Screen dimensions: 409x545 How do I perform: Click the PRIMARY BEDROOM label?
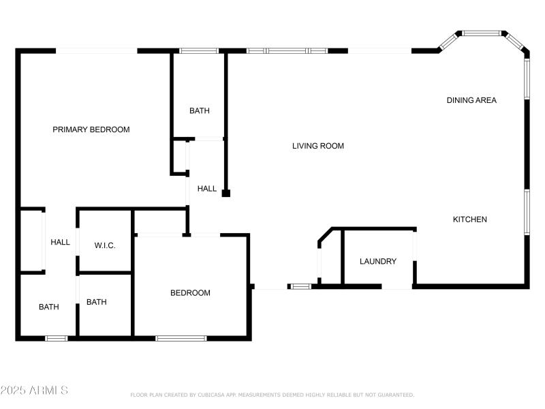tap(91, 130)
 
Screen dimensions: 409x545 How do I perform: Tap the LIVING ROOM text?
tap(318, 146)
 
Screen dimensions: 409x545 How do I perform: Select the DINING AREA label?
tap(471, 100)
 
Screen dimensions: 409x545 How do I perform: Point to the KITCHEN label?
tap(470, 219)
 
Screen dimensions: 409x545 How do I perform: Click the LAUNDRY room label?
tap(377, 261)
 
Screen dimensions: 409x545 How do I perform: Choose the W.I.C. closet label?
tap(105, 245)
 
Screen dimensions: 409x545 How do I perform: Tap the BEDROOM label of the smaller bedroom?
tap(190, 293)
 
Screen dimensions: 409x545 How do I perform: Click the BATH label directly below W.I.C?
tap(96, 302)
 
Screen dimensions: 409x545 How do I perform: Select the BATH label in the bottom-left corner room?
tap(48, 307)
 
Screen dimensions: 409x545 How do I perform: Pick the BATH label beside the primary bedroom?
tap(200, 110)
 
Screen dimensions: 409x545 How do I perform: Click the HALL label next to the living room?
tap(207, 189)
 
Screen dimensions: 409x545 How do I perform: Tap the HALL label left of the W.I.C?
tap(60, 242)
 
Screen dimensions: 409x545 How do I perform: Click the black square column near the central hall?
tap(226, 194)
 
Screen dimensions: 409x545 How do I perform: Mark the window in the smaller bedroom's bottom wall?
tap(181, 338)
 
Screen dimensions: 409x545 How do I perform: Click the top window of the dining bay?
tap(482, 33)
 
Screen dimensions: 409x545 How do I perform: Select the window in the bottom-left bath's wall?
tap(57, 338)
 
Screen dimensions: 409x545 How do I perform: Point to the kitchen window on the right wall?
tap(526, 212)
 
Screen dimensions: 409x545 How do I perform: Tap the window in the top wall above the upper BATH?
tap(199, 50)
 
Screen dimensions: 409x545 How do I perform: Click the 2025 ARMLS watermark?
tap(34, 391)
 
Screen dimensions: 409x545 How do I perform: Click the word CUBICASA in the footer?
tap(216, 395)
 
